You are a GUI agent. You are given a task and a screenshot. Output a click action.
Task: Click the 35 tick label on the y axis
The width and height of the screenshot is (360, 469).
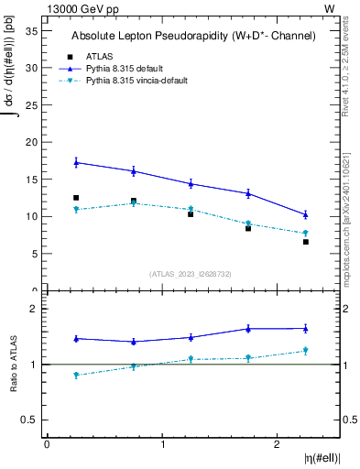(30, 30)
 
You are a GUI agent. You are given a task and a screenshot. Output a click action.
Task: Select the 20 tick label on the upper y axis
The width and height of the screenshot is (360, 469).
(30, 142)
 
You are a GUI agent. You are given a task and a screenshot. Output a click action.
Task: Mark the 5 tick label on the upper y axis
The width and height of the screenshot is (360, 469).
(33, 254)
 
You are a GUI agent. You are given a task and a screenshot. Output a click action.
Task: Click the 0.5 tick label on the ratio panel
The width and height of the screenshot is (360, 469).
(28, 420)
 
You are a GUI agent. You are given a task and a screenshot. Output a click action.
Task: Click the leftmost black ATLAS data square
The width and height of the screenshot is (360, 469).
(76, 198)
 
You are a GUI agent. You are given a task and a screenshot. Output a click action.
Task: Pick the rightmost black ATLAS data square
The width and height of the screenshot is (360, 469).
(306, 242)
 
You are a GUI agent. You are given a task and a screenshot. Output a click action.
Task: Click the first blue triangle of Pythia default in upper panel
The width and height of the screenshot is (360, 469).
(76, 162)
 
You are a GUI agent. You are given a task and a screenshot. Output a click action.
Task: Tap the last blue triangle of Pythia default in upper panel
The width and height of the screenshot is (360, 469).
(306, 214)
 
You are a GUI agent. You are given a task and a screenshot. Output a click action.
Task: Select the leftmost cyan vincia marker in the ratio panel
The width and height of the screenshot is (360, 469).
(76, 375)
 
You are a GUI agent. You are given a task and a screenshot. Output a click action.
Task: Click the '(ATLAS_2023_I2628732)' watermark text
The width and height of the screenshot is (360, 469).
(191, 273)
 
